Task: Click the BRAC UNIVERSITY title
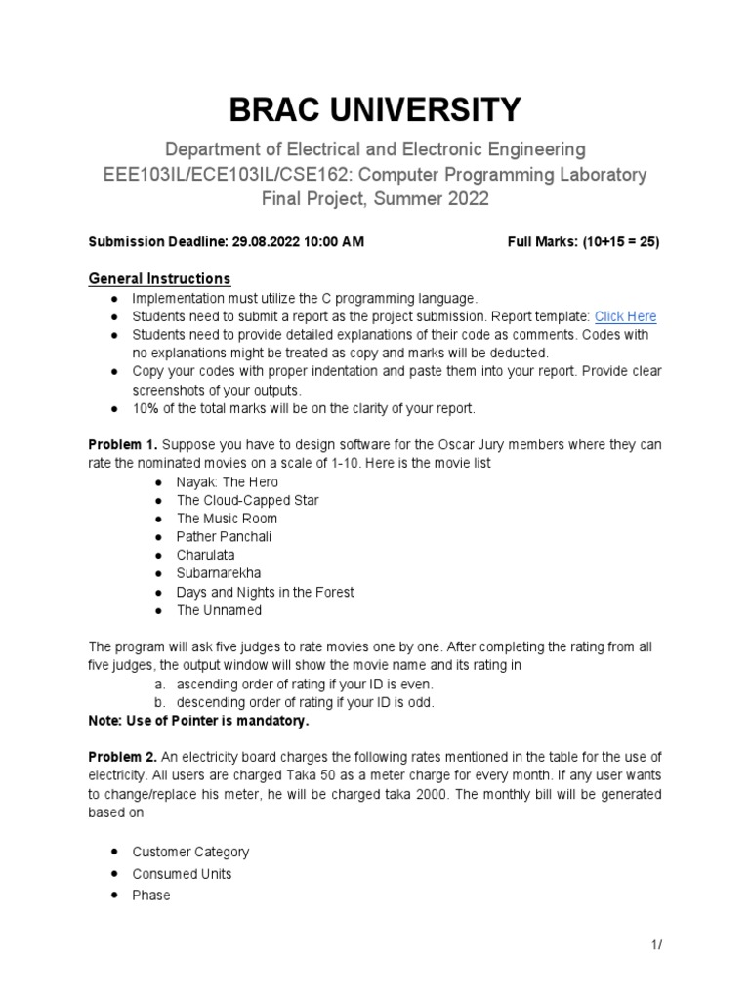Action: pyautogui.click(x=375, y=110)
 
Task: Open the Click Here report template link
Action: pyautogui.click(x=625, y=316)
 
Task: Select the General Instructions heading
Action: pyautogui.click(x=159, y=278)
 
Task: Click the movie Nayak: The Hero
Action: pyautogui.click(x=227, y=481)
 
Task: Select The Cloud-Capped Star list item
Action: pyautogui.click(x=247, y=500)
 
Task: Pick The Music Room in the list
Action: pyautogui.click(x=227, y=519)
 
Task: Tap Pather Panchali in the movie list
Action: pyautogui.click(x=224, y=537)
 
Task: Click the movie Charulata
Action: pyautogui.click(x=205, y=555)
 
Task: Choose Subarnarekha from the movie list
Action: pyautogui.click(x=219, y=573)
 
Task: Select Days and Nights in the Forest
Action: pyautogui.click(x=265, y=592)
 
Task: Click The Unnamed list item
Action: pyautogui.click(x=219, y=610)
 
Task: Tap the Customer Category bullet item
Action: pyautogui.click(x=190, y=852)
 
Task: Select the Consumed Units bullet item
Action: pyautogui.click(x=182, y=873)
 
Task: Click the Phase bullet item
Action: pyautogui.click(x=150, y=895)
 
